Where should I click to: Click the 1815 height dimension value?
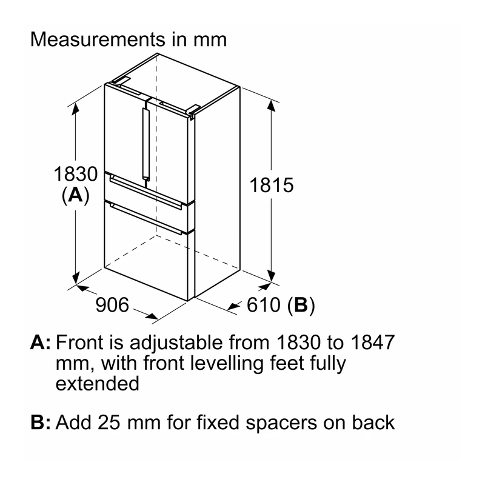click(x=271, y=185)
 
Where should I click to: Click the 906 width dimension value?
click(x=112, y=305)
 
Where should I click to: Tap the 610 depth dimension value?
click(x=263, y=305)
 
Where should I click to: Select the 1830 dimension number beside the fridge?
click(x=75, y=174)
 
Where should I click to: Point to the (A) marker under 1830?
click(x=75, y=195)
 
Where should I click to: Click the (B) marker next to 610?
click(x=301, y=306)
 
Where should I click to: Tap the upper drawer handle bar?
click(x=145, y=192)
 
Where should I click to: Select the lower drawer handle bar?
click(x=145, y=219)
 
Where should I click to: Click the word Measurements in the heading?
click(x=98, y=39)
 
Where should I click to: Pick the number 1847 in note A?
click(x=373, y=343)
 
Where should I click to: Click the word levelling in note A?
click(x=226, y=363)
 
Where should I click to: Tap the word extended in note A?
click(x=98, y=384)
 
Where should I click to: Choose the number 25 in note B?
click(x=109, y=422)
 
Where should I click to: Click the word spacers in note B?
click(x=281, y=424)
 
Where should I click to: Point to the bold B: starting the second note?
click(x=41, y=422)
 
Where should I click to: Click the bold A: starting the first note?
click(x=41, y=343)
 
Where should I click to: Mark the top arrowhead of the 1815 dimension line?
click(x=271, y=105)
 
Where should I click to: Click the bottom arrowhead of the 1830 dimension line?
click(x=75, y=278)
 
